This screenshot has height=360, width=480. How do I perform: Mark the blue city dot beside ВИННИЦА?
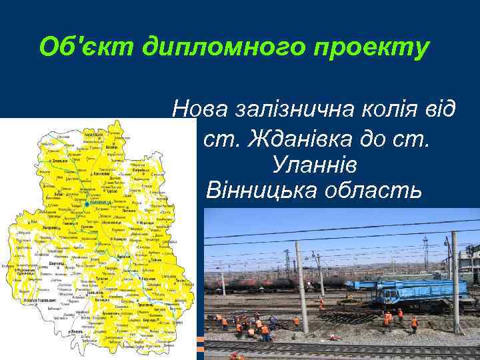tap(87, 202)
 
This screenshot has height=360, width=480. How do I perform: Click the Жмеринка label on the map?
tap(49, 227)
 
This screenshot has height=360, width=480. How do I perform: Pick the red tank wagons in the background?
tap(267, 283)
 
